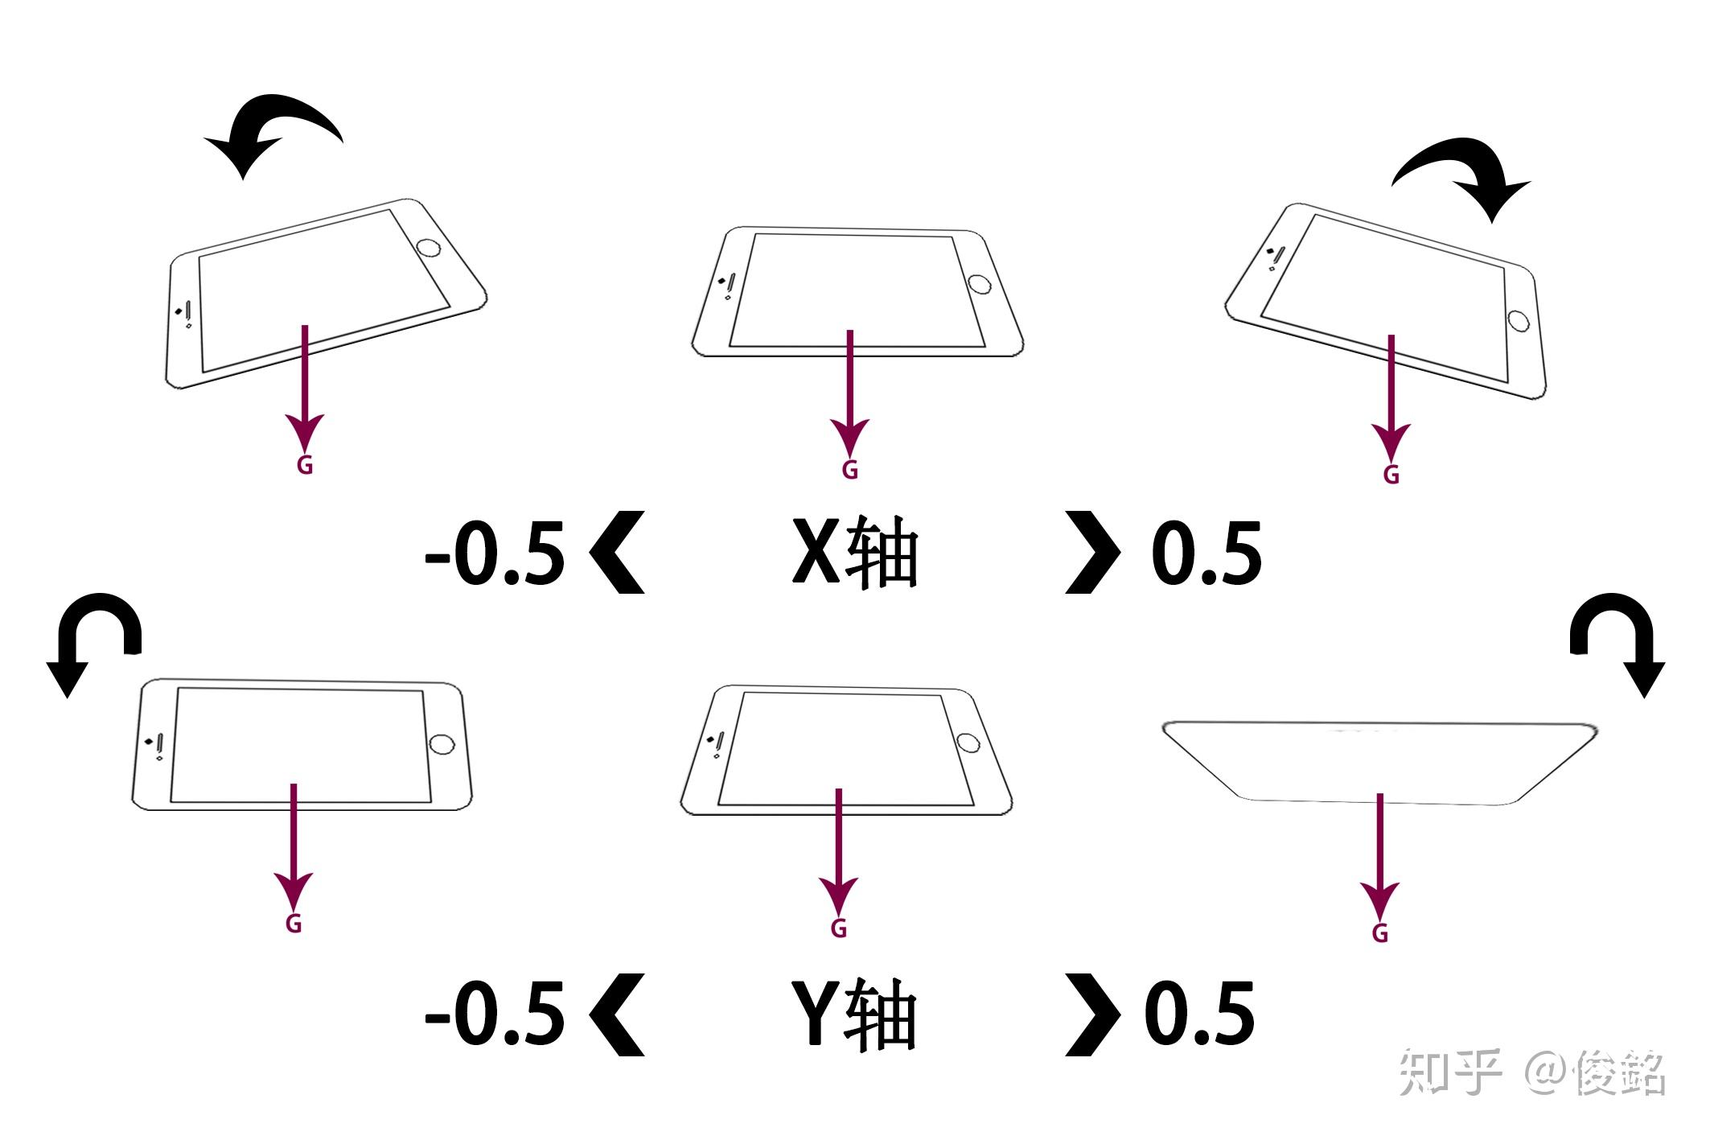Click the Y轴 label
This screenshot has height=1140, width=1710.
coord(855,1013)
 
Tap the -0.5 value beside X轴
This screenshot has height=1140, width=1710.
coord(495,554)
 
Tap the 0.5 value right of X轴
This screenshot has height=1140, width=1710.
coord(1206,554)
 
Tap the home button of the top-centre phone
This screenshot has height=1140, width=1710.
coord(980,283)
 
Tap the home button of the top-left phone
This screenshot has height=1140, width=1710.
coord(429,246)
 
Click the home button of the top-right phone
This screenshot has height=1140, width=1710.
coord(1519,320)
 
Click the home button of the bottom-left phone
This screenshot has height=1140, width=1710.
coord(442,744)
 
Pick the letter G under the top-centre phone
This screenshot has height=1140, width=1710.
coord(849,470)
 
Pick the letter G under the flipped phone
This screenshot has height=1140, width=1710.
coord(1380,933)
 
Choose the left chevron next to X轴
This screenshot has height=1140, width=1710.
coord(617,552)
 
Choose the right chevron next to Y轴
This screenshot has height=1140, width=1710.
coord(1093,1014)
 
